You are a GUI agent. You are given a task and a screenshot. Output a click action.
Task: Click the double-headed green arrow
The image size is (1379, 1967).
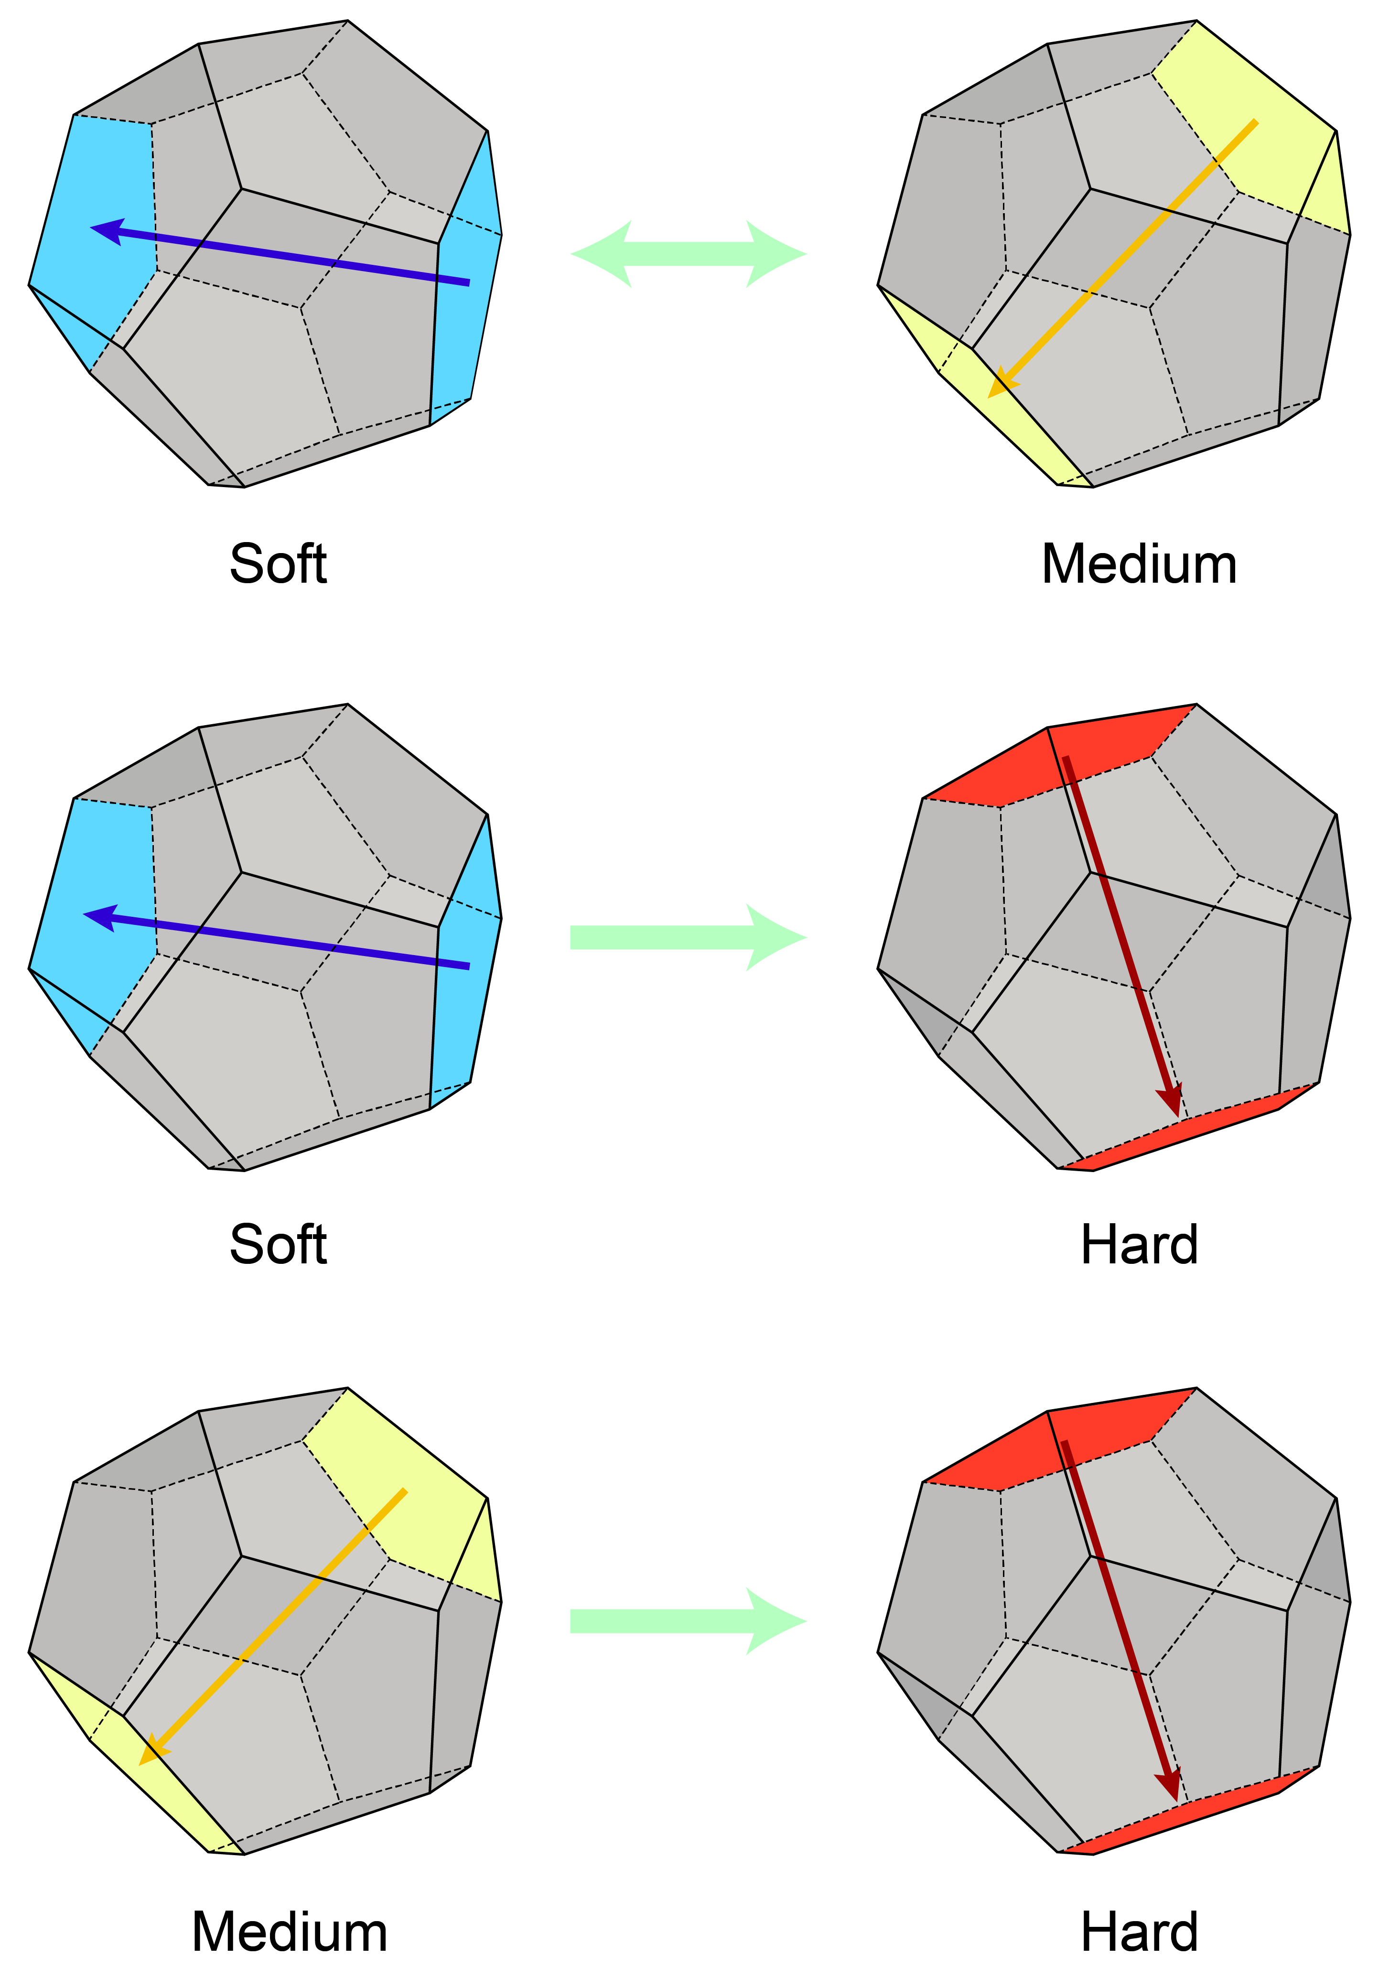[x=689, y=254]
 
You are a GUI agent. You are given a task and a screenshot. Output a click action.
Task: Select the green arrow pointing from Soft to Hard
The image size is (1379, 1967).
[x=689, y=937]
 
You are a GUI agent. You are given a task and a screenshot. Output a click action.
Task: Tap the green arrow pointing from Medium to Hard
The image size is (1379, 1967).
[x=689, y=1621]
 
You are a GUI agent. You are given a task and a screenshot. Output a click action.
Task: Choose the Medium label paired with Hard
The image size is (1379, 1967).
[x=290, y=1933]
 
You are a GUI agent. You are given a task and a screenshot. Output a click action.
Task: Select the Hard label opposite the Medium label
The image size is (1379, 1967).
[x=1139, y=1933]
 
